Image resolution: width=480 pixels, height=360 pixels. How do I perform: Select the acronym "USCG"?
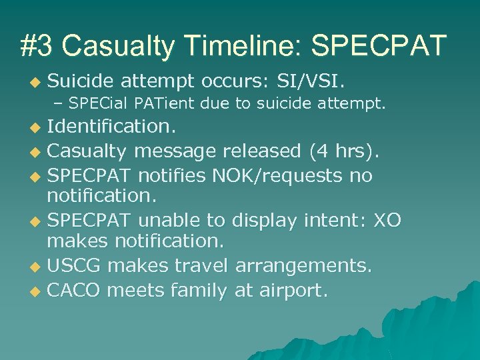74,267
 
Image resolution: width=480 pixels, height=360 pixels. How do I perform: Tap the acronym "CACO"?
74,290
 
